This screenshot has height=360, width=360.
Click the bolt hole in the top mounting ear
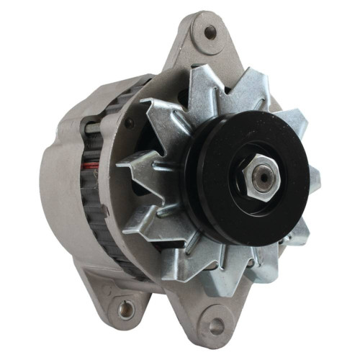coord(210,32)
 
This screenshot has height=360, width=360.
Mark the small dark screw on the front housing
coord(130,123)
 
